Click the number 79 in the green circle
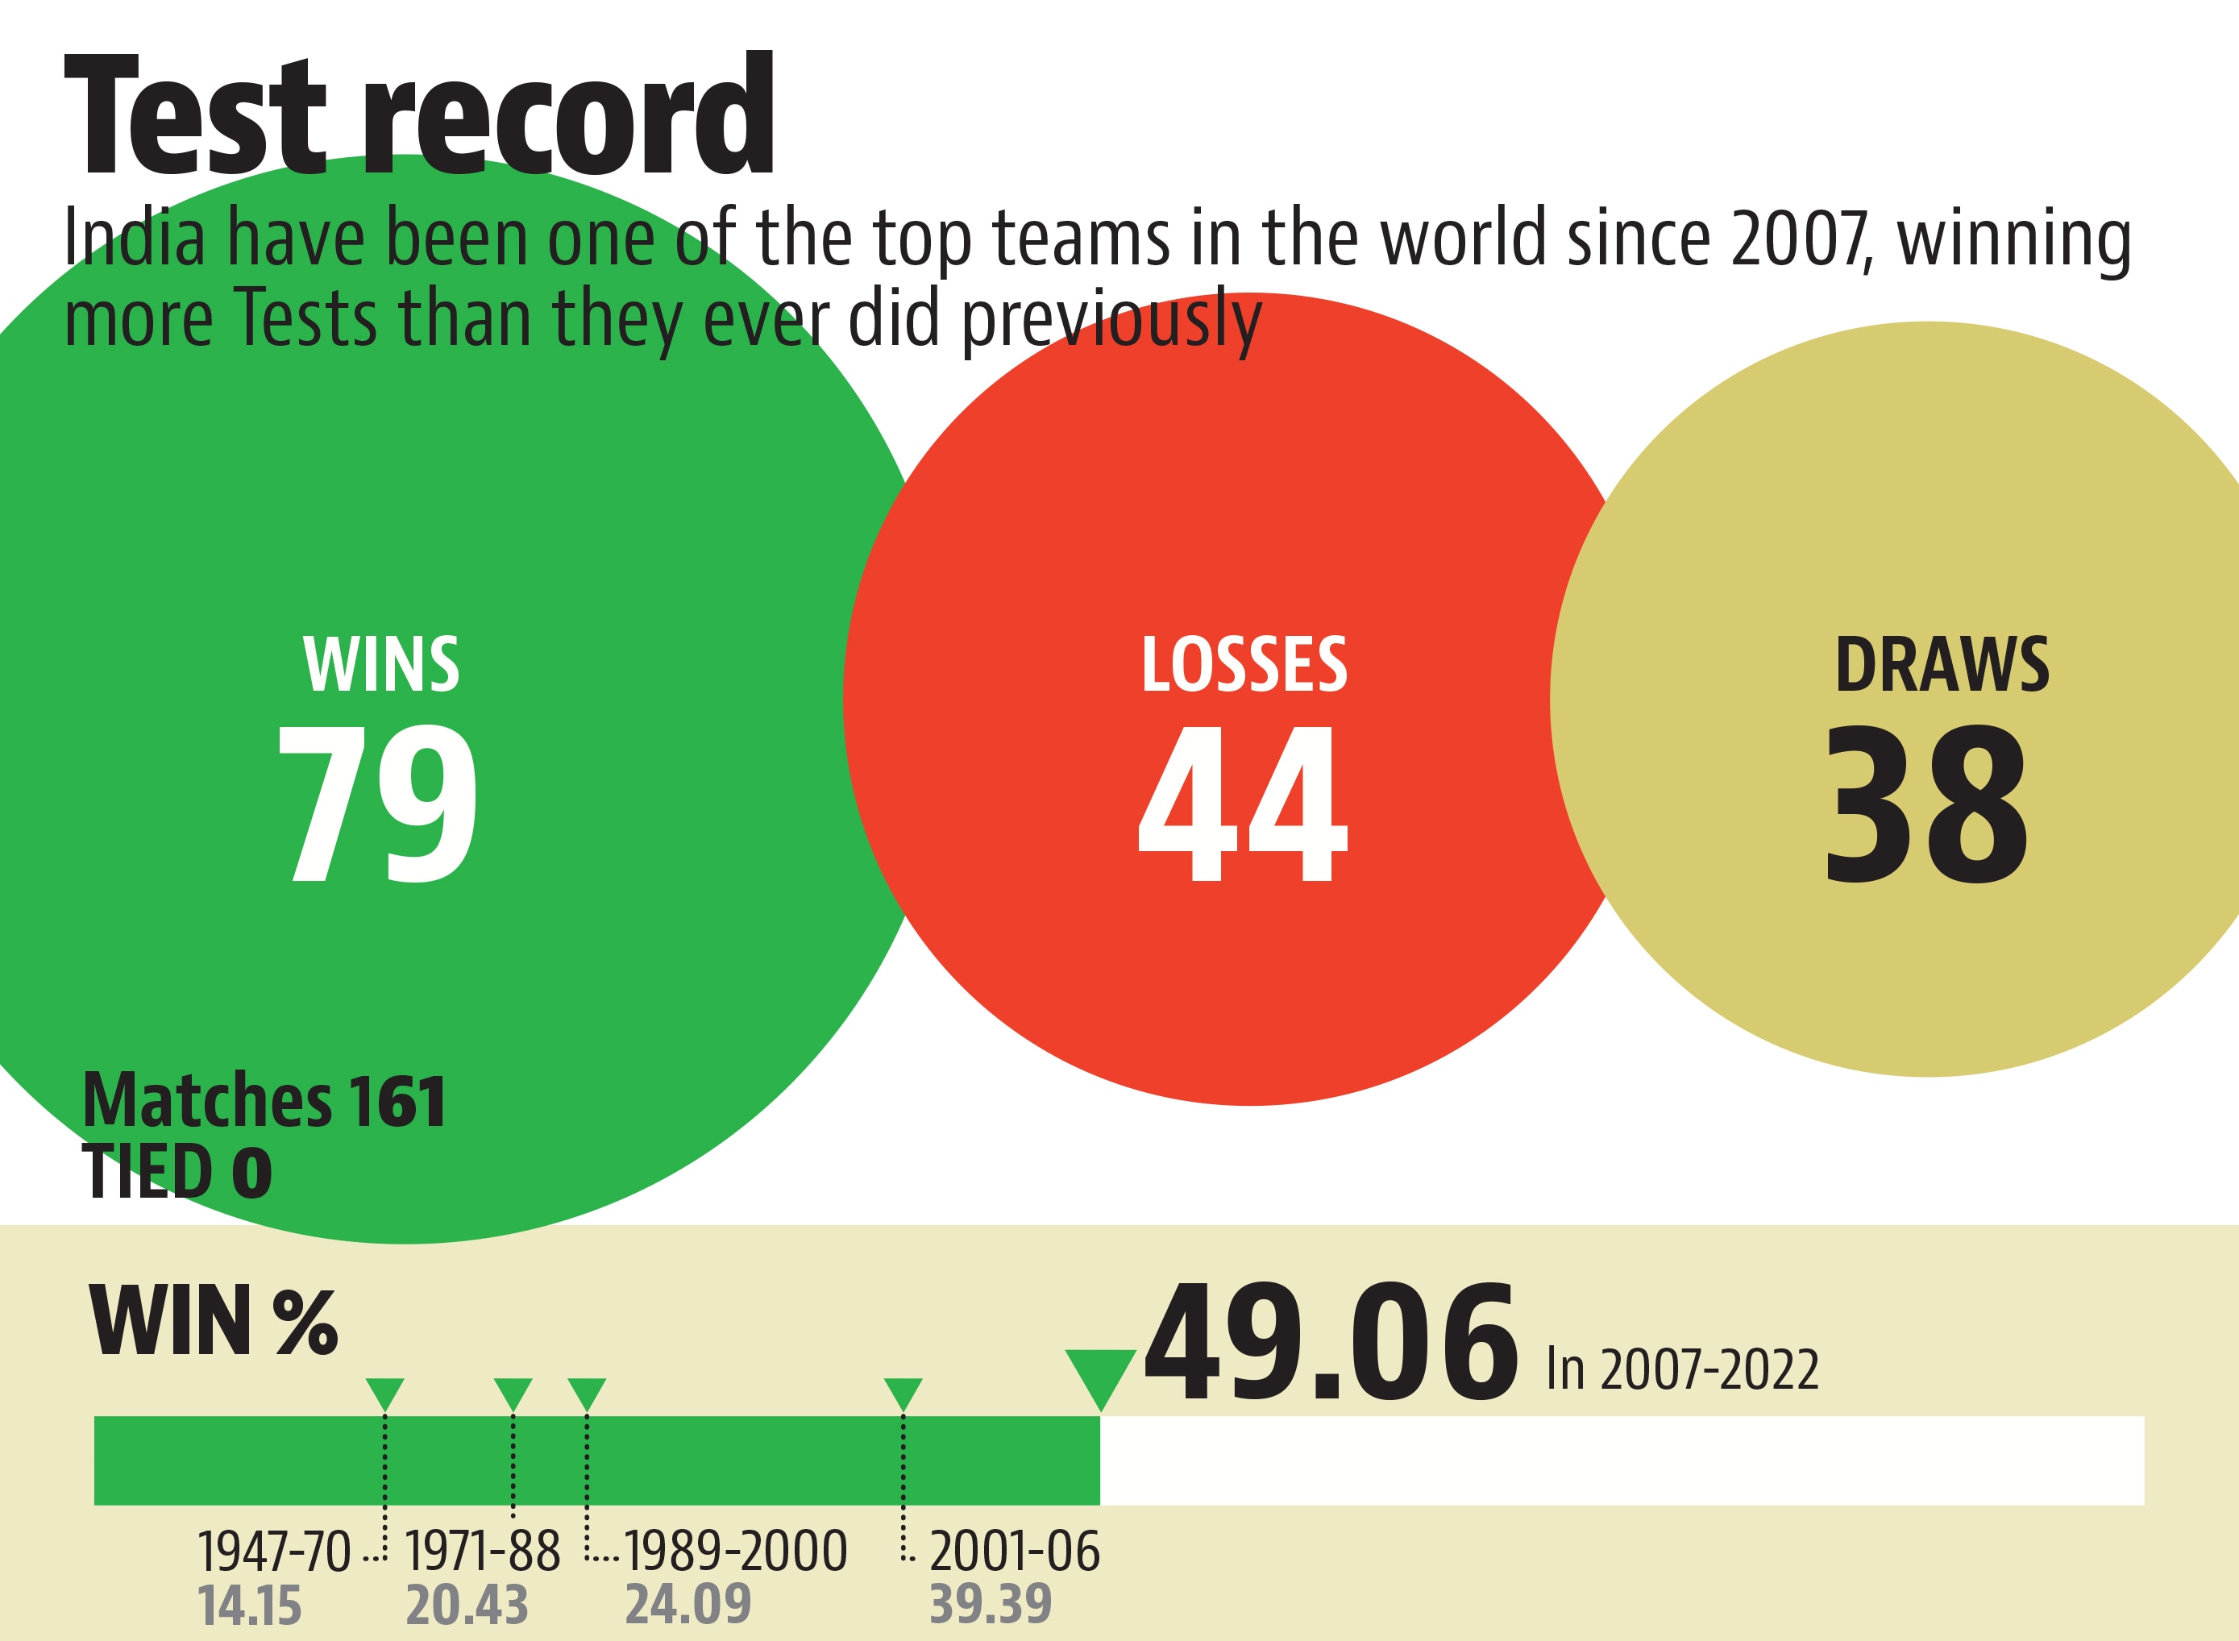pyautogui.click(x=377, y=803)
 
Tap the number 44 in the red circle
pyautogui.click(x=1243, y=803)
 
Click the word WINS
pyautogui.click(x=381, y=665)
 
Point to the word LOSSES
pyautogui.click(x=1244, y=665)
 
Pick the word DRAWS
pyautogui.click(x=1941, y=665)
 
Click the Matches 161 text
pyautogui.click(x=264, y=1101)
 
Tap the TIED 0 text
pyautogui.click(x=177, y=1171)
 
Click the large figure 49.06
pyautogui.click(x=1331, y=1343)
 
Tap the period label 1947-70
pyautogui.click(x=274, y=1551)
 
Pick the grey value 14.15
pyautogui.click(x=249, y=1606)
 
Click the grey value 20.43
pyautogui.click(x=467, y=1606)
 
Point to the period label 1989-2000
pyautogui.click(x=735, y=1551)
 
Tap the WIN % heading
pyautogui.click(x=214, y=1322)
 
